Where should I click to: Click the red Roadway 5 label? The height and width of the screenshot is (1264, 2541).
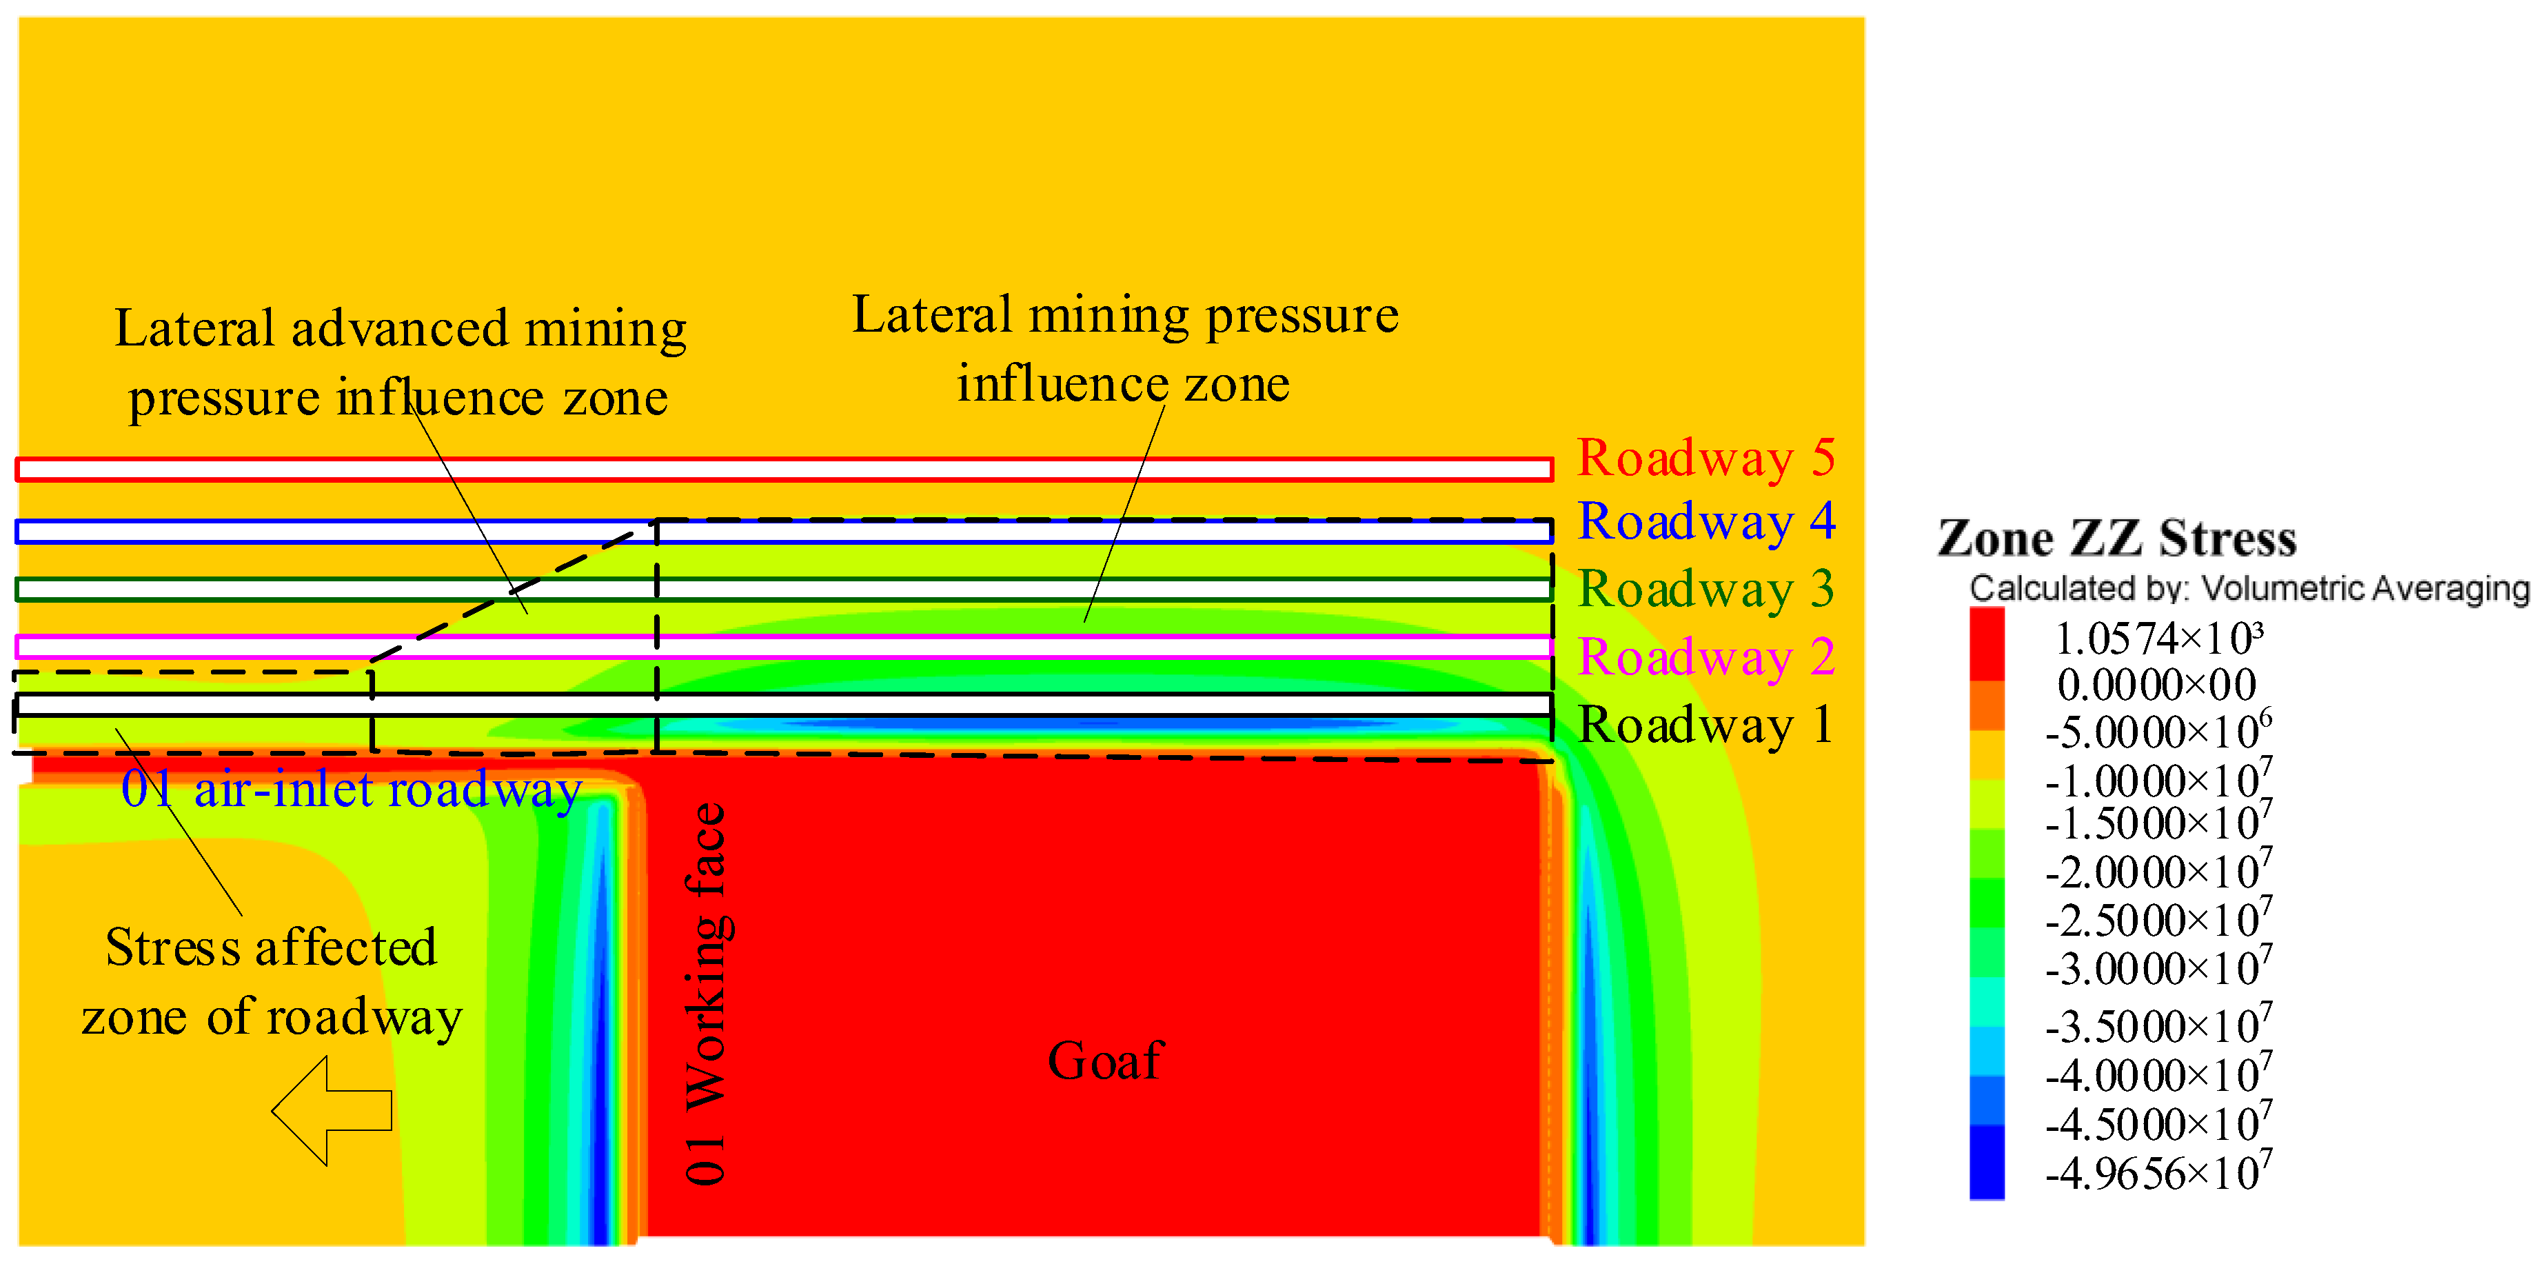pos(1705,458)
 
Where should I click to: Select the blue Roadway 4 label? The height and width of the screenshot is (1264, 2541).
pos(1705,522)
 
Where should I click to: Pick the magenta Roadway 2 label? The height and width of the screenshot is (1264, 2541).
pos(1705,657)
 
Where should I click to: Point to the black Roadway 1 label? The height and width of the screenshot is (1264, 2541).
pos(1705,725)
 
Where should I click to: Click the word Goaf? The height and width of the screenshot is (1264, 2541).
pos(1105,1062)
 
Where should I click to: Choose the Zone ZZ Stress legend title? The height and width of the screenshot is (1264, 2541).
pos(2117,539)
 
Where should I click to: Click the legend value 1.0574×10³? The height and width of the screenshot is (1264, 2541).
pos(2158,639)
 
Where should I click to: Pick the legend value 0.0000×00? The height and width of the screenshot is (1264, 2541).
pos(2156,685)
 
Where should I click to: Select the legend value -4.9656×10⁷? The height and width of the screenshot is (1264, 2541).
pos(2158,1172)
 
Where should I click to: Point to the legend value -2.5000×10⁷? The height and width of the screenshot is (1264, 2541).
pos(2158,920)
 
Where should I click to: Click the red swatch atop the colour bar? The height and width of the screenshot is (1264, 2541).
pos(1987,643)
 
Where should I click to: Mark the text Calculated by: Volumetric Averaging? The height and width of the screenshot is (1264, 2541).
pos(2249,589)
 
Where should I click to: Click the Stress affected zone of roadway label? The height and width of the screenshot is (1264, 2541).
pos(271,982)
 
